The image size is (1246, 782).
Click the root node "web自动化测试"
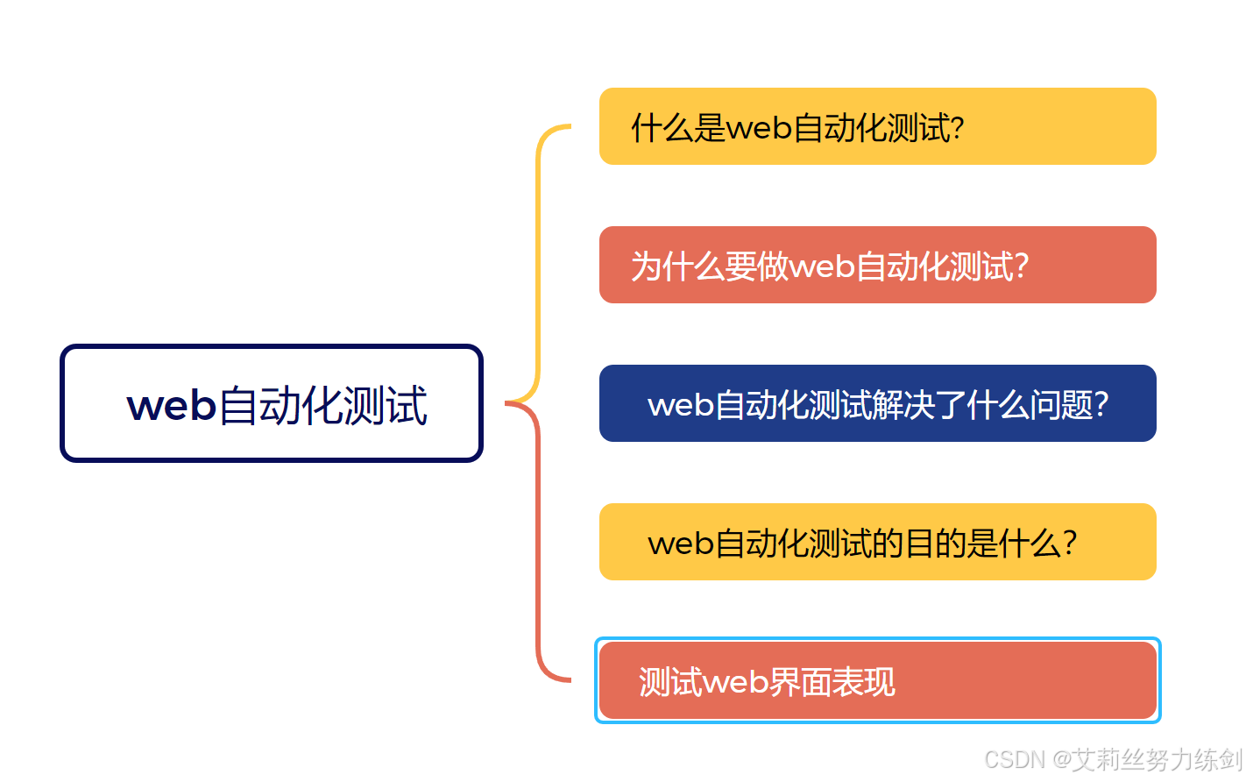(x=272, y=403)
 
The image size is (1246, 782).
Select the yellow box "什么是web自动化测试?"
(x=877, y=126)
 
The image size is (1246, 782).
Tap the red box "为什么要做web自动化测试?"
(x=877, y=265)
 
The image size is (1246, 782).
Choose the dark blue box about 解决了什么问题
(x=877, y=403)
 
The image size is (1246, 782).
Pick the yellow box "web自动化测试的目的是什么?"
(x=877, y=542)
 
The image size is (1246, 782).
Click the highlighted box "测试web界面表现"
(x=877, y=680)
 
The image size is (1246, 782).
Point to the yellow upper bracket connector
(x=539, y=263)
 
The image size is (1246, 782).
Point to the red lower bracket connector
(x=539, y=544)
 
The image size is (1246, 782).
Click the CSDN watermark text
(x=1113, y=759)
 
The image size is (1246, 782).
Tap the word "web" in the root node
(x=172, y=406)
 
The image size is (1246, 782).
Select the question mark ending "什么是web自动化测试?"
(x=957, y=128)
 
